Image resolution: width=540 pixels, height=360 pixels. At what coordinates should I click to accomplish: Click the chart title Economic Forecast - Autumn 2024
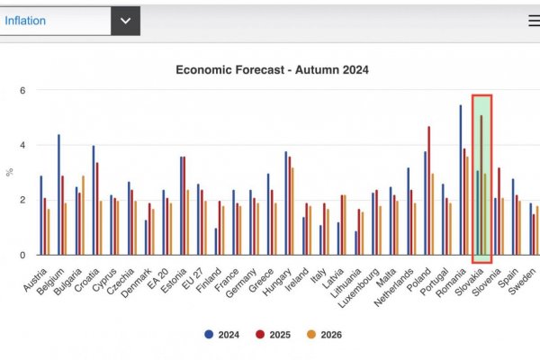click(272, 69)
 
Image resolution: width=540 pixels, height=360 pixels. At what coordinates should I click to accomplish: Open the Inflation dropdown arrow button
click(125, 20)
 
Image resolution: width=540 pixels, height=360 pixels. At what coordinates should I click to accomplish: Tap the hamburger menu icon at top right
click(534, 20)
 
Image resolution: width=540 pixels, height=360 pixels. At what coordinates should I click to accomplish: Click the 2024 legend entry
click(220, 334)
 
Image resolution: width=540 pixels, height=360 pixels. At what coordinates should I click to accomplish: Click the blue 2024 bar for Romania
click(461, 180)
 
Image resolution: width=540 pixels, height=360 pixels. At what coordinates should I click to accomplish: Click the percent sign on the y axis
click(10, 172)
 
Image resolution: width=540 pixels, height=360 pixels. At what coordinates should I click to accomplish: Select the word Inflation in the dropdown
click(26, 20)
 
